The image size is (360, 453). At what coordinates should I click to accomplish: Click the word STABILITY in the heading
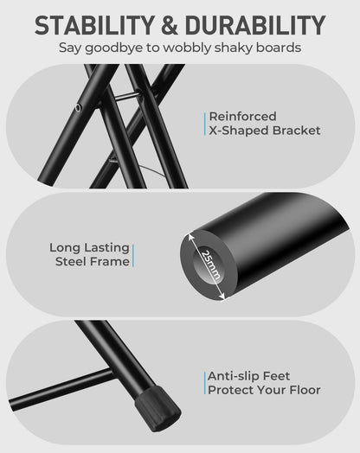[94, 25]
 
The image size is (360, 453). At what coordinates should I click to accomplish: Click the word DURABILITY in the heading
[255, 25]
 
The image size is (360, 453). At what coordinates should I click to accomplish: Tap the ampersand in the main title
[169, 25]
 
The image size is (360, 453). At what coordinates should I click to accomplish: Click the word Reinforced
[242, 117]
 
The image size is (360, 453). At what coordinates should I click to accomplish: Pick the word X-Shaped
[239, 131]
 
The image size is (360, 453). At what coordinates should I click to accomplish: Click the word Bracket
[296, 131]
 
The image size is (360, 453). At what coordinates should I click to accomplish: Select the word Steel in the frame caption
[71, 262]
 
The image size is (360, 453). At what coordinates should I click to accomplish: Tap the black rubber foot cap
[157, 409]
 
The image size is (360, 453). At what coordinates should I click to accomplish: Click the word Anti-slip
[232, 376]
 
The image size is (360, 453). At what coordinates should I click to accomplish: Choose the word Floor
[305, 390]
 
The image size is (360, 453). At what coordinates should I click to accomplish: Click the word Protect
[230, 390]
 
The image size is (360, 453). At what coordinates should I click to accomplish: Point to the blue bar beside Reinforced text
[205, 124]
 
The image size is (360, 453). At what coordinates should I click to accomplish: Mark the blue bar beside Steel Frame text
[133, 256]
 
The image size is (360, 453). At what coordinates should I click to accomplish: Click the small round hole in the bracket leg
[78, 108]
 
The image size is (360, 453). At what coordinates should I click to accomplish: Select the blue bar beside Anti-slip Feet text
[205, 383]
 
